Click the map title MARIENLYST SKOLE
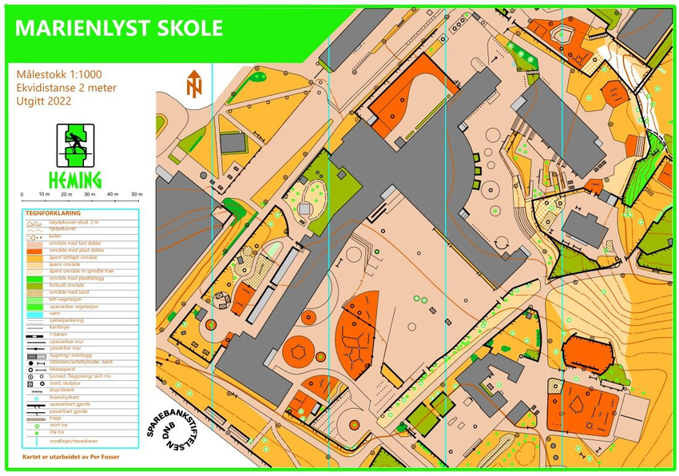119,29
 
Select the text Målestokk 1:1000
61,74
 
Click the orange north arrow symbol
193,84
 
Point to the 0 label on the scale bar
22,194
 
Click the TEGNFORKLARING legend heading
53,213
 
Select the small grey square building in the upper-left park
232,142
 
